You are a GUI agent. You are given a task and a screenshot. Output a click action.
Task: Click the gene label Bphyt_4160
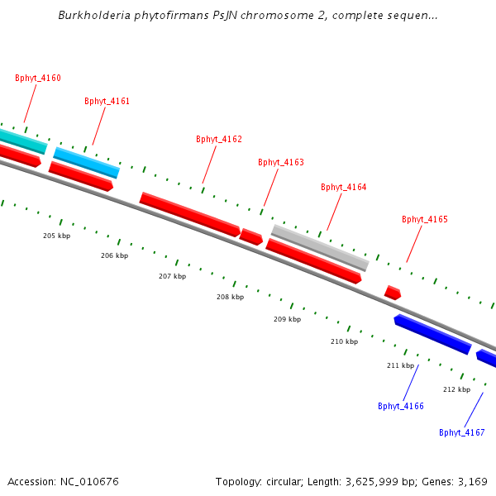coord(38,79)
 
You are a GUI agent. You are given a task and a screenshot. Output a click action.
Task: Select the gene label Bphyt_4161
coord(107,102)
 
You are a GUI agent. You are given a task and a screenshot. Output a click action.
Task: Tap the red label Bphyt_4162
coord(219,140)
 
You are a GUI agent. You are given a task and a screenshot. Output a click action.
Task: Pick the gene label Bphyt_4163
coord(281,163)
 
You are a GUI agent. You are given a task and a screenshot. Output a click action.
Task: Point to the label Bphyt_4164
coord(344,188)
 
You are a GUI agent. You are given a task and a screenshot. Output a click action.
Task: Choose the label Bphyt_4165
coord(425,220)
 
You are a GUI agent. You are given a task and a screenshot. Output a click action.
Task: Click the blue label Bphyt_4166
coord(401,407)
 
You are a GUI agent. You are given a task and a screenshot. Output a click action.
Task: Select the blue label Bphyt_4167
coord(462,433)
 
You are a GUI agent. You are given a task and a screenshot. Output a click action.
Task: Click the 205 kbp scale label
coord(57,236)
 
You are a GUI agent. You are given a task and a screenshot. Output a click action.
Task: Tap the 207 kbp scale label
coord(173,276)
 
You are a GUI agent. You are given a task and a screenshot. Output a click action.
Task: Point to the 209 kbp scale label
coord(288,319)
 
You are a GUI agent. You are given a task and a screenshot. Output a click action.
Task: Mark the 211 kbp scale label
coord(400,365)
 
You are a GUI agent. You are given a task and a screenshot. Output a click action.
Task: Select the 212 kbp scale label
coord(456,389)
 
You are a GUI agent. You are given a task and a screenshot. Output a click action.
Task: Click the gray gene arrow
coord(320,247)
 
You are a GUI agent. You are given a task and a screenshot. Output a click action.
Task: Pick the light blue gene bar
coord(87,163)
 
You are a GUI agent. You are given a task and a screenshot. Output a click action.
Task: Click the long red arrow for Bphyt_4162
coord(189,214)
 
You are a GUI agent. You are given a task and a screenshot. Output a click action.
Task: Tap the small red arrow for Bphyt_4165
coord(393,293)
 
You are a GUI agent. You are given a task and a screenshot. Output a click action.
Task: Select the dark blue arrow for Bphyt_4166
coord(432,334)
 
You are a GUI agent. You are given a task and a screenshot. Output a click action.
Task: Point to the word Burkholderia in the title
coord(90,16)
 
